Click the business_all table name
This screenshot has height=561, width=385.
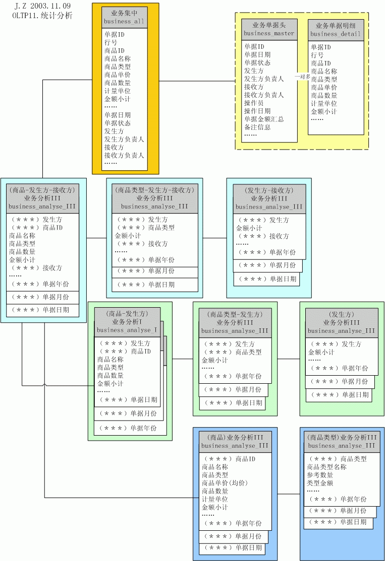124,22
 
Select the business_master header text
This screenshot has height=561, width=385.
268,33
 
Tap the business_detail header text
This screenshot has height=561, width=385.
336,34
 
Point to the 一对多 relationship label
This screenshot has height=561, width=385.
302,76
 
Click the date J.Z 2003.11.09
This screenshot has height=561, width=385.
42,6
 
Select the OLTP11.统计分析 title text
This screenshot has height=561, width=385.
42,15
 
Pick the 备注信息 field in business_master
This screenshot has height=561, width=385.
257,127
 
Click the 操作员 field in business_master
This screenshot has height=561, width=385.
254,103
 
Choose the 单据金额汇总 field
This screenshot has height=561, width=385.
264,119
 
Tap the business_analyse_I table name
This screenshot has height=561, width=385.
127,330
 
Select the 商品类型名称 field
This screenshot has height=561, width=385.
326,467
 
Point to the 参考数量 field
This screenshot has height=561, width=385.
320,475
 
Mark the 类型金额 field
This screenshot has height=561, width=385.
320,483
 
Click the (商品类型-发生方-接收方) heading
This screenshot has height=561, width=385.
154,190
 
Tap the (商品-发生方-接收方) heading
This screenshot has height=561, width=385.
42,190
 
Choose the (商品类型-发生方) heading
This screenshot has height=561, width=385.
235,315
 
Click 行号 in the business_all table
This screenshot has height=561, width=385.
111,43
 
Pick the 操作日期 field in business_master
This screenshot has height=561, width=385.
257,111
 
